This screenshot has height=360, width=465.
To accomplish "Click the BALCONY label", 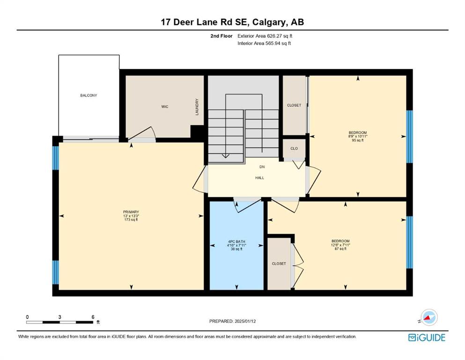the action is [x=89, y=95].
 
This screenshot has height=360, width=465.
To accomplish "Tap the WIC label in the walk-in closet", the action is [x=164, y=106].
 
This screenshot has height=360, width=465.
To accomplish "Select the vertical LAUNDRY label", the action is [x=197, y=107].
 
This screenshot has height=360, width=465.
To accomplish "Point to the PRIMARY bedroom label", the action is [x=131, y=212].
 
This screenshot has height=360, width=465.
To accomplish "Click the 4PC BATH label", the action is [x=236, y=241].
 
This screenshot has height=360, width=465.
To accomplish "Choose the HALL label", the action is [x=259, y=178].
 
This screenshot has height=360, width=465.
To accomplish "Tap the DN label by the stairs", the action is [x=262, y=167].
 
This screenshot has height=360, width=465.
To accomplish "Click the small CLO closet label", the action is [x=294, y=149].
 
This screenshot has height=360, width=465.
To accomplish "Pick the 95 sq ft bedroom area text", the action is [x=358, y=140].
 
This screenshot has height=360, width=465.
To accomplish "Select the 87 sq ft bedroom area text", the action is [x=340, y=249].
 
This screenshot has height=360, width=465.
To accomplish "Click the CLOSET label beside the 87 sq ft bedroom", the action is [x=279, y=263].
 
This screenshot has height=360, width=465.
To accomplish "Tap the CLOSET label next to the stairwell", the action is [x=294, y=105].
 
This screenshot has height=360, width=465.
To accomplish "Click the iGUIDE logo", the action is [x=427, y=337].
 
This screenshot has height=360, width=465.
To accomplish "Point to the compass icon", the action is [x=429, y=317].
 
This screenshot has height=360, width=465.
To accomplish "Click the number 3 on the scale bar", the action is [x=59, y=317].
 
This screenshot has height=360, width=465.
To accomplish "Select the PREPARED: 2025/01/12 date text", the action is [x=232, y=321].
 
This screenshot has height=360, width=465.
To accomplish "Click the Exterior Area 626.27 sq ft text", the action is [x=265, y=36].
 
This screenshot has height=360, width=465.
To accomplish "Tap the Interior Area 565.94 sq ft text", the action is [x=264, y=43].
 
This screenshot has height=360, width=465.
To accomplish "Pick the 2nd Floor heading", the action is [x=221, y=36].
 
